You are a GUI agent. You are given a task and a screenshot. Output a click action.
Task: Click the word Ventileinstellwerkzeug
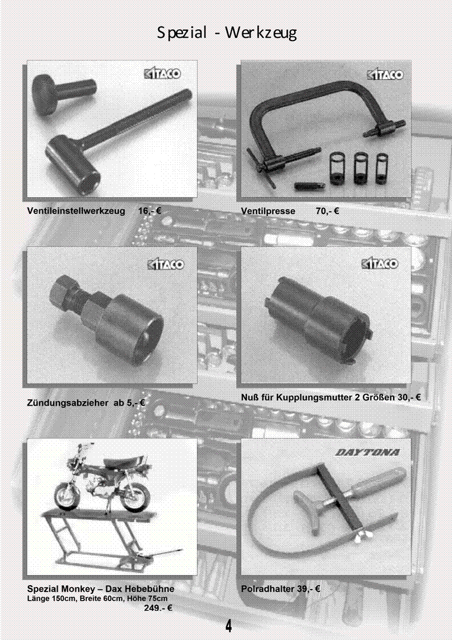coord(76,211)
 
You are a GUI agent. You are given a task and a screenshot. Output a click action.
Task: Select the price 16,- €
coord(150,211)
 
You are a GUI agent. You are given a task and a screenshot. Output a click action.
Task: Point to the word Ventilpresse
coord(268,211)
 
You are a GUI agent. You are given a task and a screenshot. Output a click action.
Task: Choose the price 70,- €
coord(327,211)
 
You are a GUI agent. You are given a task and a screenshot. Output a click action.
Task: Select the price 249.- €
coord(158,608)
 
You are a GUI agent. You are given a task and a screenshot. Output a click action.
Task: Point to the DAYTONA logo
coord(367,452)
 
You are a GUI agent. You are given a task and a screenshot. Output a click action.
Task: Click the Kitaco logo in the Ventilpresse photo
coord(385,75)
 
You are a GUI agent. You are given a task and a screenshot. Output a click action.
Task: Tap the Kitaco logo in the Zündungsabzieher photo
coord(166,264)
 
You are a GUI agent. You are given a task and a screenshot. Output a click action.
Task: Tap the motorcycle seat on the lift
coord(119,462)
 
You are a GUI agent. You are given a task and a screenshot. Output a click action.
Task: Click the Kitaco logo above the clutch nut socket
coord(380,264)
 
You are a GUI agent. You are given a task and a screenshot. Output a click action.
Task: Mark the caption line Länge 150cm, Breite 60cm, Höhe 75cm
coord(97,599)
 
